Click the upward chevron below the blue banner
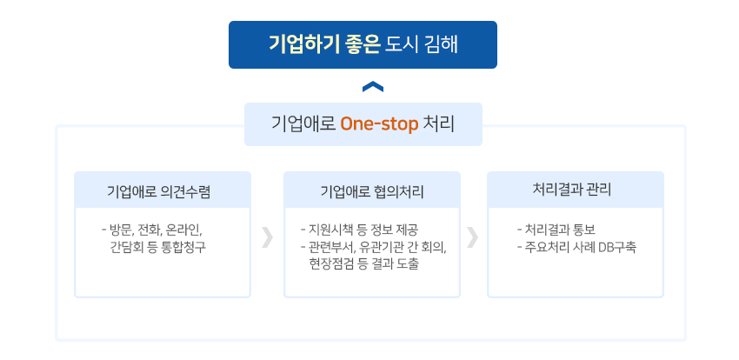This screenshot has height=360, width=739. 373,87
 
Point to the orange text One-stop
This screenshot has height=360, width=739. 379,124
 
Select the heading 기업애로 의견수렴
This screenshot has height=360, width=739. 158,192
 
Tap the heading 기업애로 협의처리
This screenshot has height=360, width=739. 372,192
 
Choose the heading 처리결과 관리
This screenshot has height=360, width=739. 572,190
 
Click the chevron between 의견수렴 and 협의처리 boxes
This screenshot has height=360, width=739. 267,237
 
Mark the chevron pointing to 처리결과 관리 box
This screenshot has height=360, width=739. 472,237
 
